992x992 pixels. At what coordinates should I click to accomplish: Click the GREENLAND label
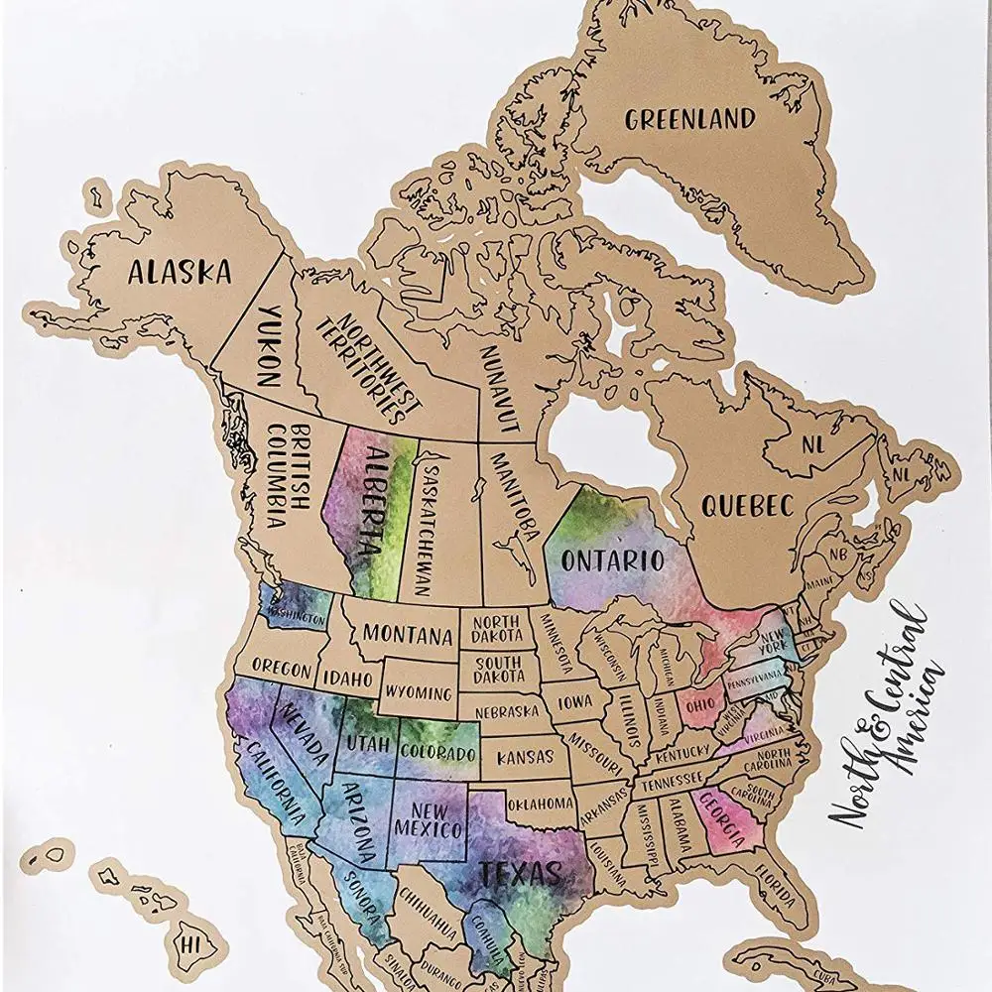[689, 120]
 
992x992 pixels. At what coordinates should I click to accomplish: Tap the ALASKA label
[179, 270]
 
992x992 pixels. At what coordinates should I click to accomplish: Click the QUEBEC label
[748, 505]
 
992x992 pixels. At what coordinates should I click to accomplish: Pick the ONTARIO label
[612, 559]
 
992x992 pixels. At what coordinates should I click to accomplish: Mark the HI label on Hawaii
[190, 937]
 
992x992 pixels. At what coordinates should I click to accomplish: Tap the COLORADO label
[438, 751]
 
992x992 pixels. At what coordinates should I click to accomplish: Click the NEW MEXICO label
[428, 819]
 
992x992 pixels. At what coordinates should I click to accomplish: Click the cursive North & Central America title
[886, 715]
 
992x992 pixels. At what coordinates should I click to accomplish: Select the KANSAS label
[525, 757]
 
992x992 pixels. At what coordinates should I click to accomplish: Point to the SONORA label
[355, 895]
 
